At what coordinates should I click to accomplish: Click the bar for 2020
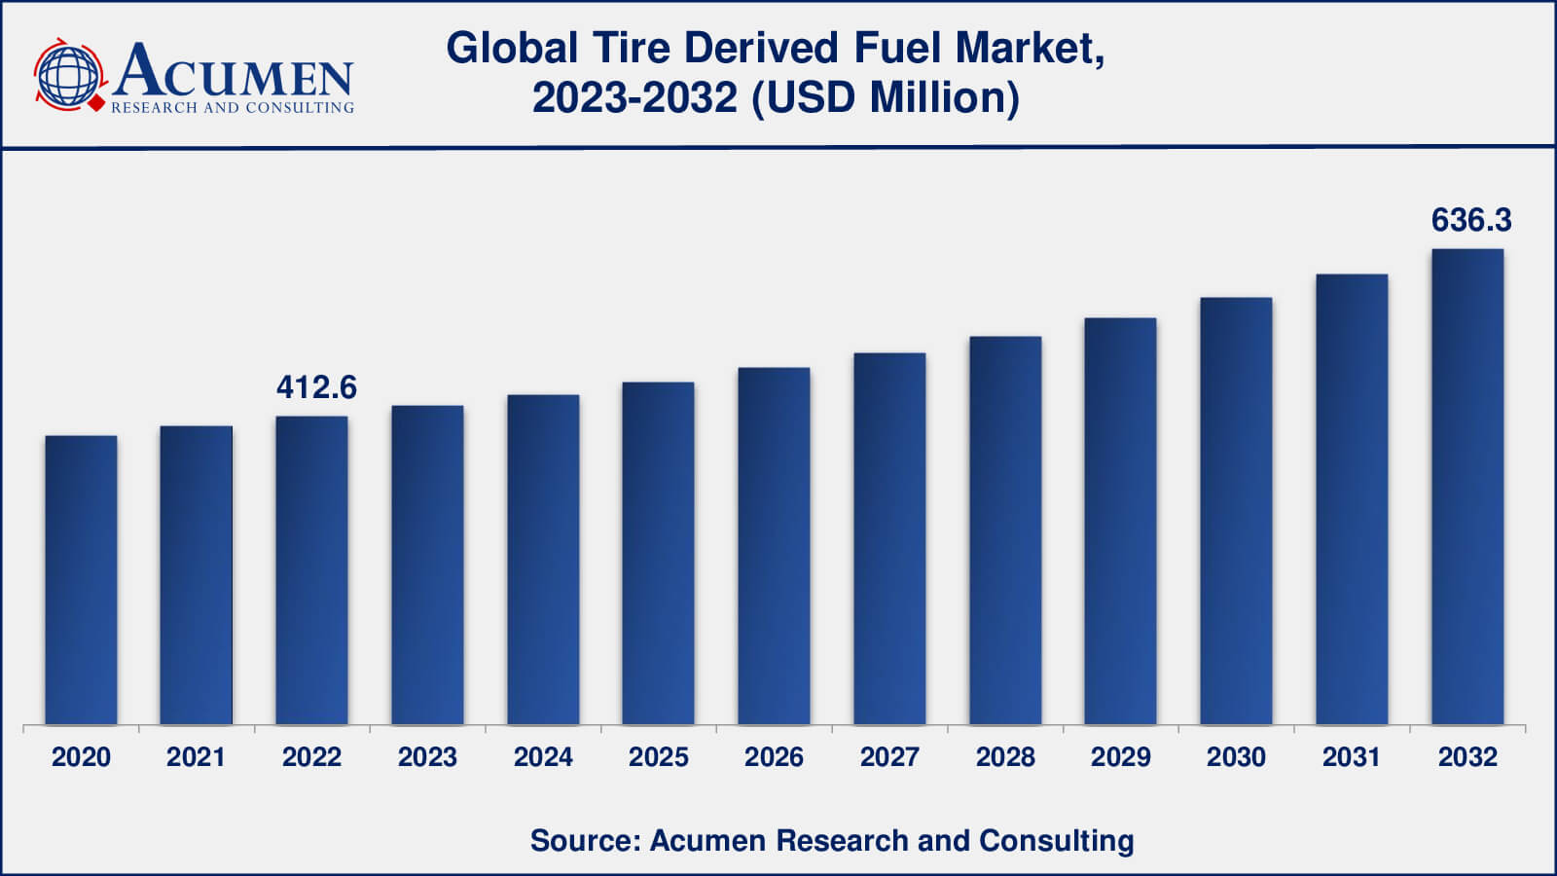pos(81,580)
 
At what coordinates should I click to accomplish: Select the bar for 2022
pos(311,570)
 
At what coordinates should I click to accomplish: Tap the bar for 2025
pos(658,553)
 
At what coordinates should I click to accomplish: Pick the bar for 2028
pos(1005,530)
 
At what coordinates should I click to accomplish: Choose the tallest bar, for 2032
pos(1467,487)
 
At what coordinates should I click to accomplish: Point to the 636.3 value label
pos(1470,220)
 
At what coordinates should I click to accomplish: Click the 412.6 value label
pos(316,387)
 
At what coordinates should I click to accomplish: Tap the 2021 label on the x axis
pos(196,757)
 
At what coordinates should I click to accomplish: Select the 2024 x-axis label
pos(543,757)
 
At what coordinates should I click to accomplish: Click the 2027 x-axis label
pos(889,757)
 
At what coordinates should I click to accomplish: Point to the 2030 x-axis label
pos(1236,757)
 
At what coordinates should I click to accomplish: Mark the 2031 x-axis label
pos(1352,757)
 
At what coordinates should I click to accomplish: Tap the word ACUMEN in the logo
pos(234,70)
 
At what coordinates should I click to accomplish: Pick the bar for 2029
pos(1120,522)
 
